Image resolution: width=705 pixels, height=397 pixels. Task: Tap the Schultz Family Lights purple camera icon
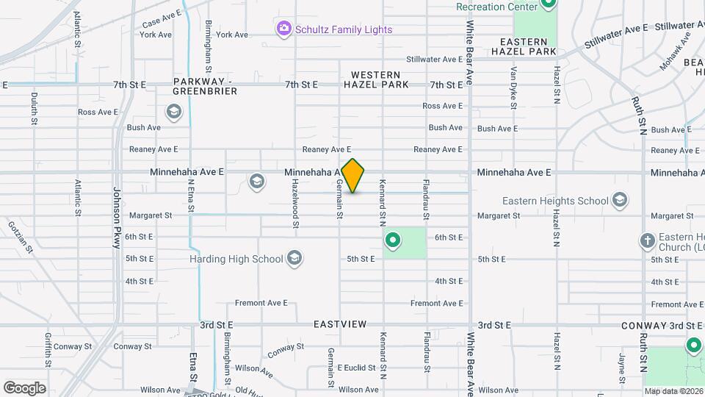point(283,29)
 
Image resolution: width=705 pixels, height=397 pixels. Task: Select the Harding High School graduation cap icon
point(294,257)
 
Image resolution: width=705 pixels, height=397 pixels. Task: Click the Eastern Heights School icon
point(620,200)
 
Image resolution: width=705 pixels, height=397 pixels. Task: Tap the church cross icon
point(647,240)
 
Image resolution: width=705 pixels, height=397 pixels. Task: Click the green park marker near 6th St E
point(393,240)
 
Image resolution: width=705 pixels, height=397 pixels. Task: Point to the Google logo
point(24,387)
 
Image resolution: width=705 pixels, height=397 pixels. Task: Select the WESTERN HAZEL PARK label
point(376,79)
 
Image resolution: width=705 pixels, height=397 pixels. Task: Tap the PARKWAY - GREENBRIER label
point(205,86)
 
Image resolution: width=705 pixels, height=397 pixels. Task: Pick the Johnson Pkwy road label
point(116,218)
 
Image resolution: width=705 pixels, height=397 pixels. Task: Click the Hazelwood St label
point(296,197)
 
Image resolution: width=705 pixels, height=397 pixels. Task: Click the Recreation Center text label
point(491,7)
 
